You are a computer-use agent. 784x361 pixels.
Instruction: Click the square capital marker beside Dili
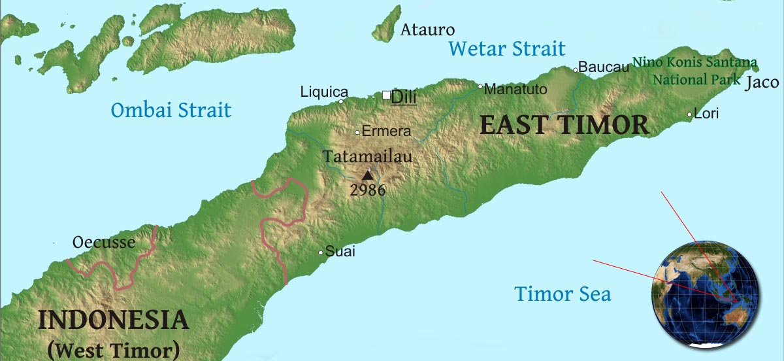point(386,95)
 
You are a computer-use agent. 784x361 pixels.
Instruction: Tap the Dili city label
point(404,97)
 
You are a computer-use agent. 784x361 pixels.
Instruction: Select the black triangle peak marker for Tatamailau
point(368,175)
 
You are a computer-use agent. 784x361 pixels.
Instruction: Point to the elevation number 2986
point(367,191)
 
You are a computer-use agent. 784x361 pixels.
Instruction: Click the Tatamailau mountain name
point(368,157)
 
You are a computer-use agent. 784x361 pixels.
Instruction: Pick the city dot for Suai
point(321,252)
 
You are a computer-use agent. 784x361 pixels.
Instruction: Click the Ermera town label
point(386,131)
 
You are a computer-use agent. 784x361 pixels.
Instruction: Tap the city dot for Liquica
point(341,101)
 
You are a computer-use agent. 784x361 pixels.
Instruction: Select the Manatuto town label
point(515,90)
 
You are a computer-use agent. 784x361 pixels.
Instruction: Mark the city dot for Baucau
point(576,70)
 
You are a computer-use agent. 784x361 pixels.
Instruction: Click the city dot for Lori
point(689,115)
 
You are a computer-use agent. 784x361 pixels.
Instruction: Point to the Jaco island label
point(762,82)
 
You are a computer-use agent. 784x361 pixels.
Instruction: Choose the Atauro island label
point(427,30)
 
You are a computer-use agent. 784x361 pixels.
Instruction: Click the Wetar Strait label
point(507,48)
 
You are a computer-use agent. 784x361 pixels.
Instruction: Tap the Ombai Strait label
point(171,110)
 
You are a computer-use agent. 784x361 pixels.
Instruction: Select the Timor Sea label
point(563,294)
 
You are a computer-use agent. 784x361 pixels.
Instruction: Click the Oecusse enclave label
point(104,243)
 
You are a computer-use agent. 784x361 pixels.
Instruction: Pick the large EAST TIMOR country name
point(564,125)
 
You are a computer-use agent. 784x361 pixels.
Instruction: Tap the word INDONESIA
point(114,320)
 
